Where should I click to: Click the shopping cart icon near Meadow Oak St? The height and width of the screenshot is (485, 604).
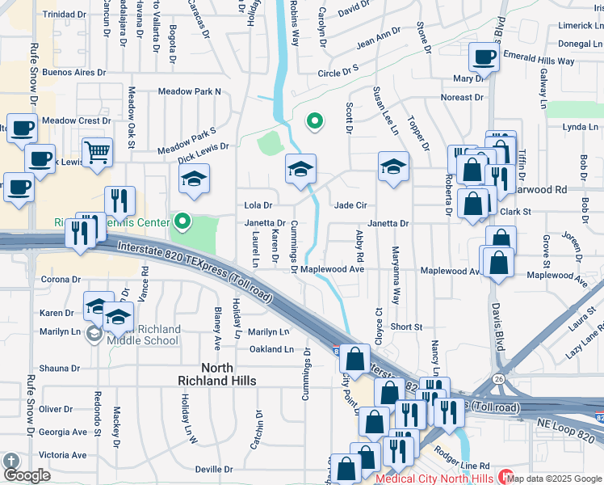97,151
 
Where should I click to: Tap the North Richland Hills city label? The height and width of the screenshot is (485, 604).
216,373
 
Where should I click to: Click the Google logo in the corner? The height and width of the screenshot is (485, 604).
27,475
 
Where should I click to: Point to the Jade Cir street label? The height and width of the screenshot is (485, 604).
350,205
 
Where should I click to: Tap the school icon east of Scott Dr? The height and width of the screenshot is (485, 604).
393,167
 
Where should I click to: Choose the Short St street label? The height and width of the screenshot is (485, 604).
406,327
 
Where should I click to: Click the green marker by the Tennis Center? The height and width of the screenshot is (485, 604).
183,221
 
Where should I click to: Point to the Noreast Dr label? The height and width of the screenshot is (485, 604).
462,97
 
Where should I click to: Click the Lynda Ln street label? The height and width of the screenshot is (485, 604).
581,127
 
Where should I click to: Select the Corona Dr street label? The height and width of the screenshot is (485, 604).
58,280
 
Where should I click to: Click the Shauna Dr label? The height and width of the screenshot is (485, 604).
59,368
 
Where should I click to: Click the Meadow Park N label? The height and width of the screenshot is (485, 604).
190,91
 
